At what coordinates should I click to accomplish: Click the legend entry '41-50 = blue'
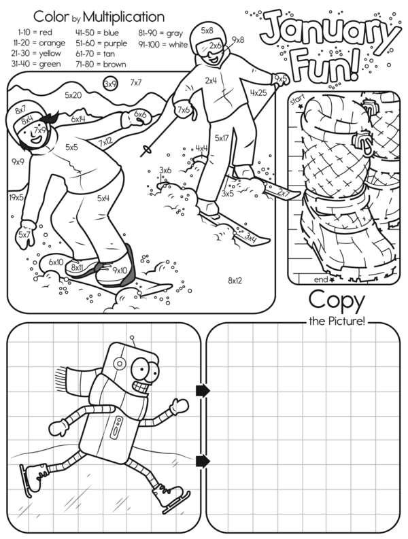(97, 33)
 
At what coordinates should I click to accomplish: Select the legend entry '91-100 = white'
(163, 44)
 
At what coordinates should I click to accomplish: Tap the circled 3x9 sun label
(110, 84)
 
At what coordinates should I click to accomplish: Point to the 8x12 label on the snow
(235, 281)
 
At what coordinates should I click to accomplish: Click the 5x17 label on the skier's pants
(222, 138)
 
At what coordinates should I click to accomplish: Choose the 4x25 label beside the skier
(258, 92)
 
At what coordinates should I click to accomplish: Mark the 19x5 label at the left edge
(16, 197)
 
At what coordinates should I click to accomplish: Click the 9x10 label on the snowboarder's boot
(120, 271)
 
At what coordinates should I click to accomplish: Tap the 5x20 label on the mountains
(73, 95)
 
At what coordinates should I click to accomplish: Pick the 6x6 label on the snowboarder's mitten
(141, 114)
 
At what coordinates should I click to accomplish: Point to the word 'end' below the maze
(321, 279)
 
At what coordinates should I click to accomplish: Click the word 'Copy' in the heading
(337, 301)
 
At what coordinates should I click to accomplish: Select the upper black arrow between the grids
(203, 391)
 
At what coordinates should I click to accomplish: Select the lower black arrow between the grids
(203, 462)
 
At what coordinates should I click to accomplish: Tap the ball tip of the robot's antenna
(131, 338)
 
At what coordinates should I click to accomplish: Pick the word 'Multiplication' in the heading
(124, 16)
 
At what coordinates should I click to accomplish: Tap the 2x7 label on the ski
(284, 193)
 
